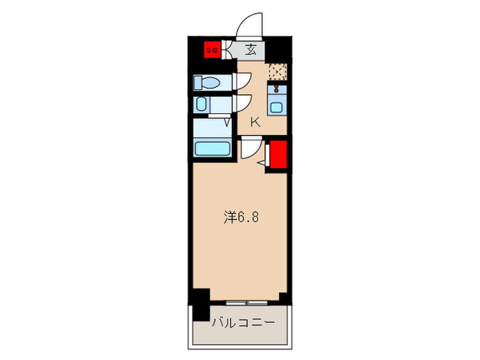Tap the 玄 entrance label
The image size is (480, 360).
[251, 49]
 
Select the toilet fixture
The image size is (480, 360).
[206, 83]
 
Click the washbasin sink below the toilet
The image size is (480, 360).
[202, 105]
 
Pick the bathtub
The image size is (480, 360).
[212, 148]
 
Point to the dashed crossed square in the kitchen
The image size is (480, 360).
[277, 71]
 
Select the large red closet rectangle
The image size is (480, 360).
[278, 154]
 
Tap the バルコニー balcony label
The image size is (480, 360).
[243, 321]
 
